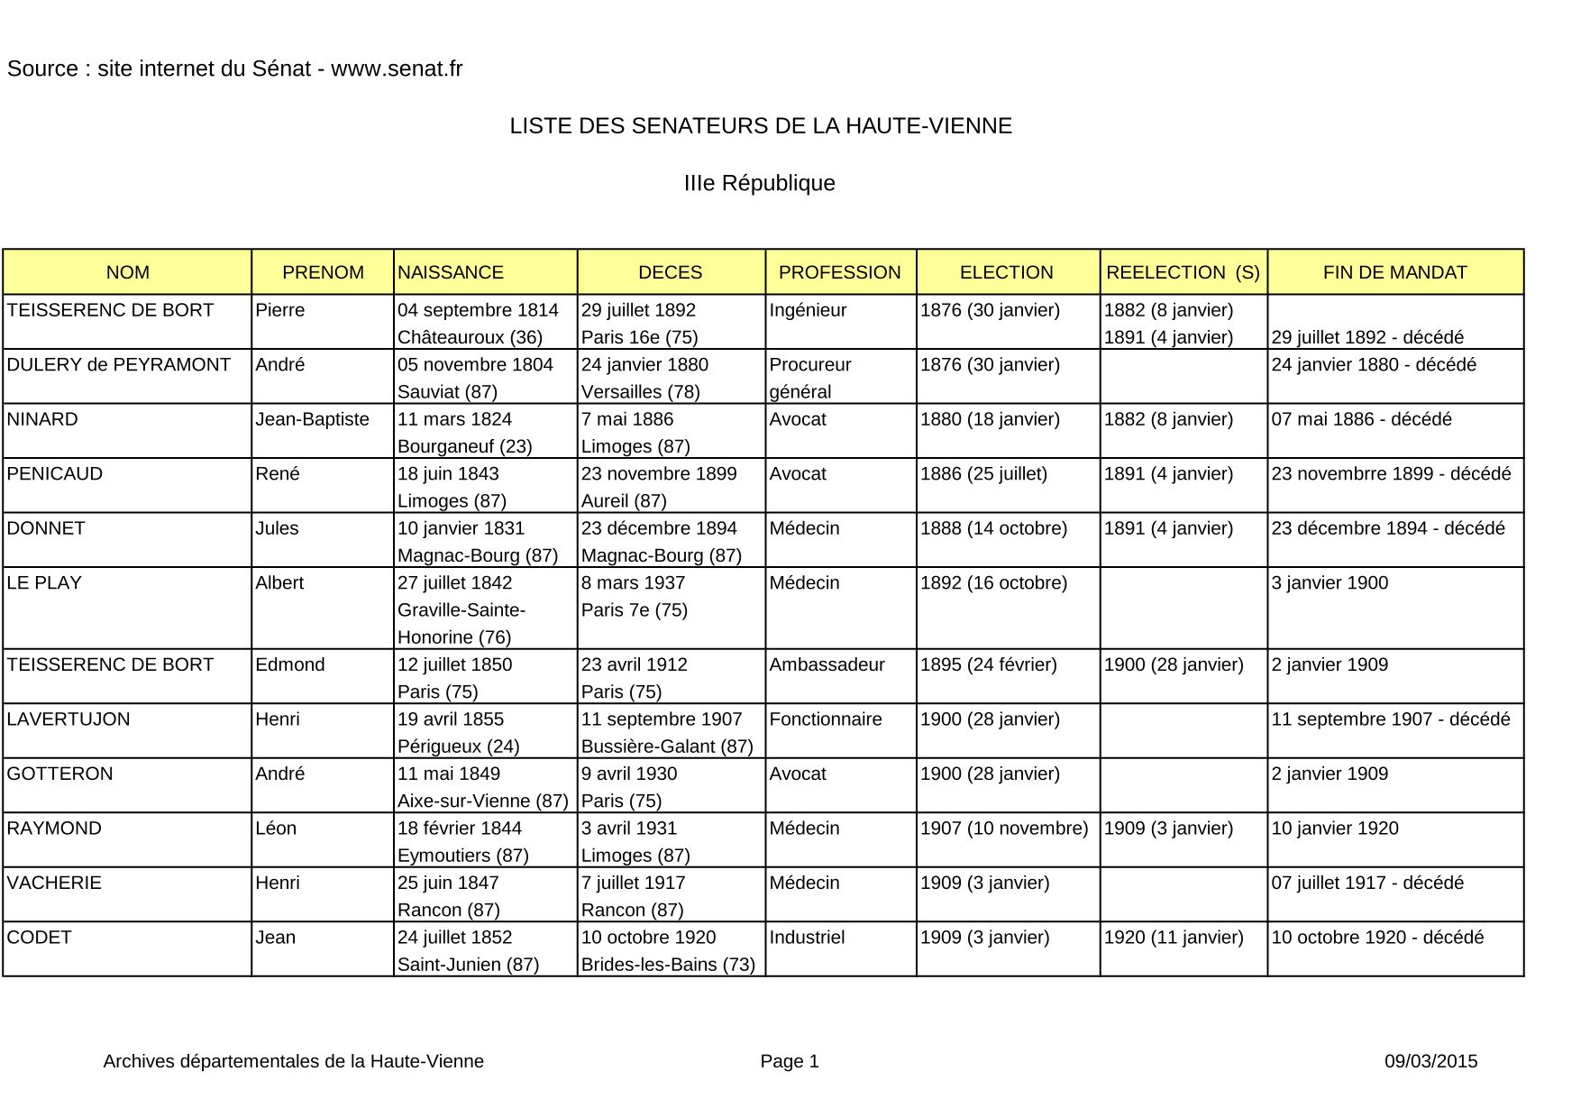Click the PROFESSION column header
(839, 272)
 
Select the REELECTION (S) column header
(1183, 272)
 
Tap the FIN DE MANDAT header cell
(1394, 272)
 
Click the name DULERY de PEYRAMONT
(119, 365)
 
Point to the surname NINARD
(42, 419)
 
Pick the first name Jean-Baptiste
(312, 419)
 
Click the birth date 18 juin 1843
(448, 474)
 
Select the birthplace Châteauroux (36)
(470, 337)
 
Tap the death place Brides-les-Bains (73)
(668, 965)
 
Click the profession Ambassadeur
(827, 665)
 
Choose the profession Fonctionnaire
(826, 719)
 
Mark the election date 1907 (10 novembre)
(1004, 829)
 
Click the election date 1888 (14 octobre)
(993, 528)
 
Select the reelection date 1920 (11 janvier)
(1174, 938)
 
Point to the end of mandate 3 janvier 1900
(1330, 583)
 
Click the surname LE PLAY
(44, 583)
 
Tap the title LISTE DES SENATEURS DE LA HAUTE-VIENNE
(761, 126)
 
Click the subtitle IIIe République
(760, 184)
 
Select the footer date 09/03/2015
(1430, 1062)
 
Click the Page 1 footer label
(790, 1062)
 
